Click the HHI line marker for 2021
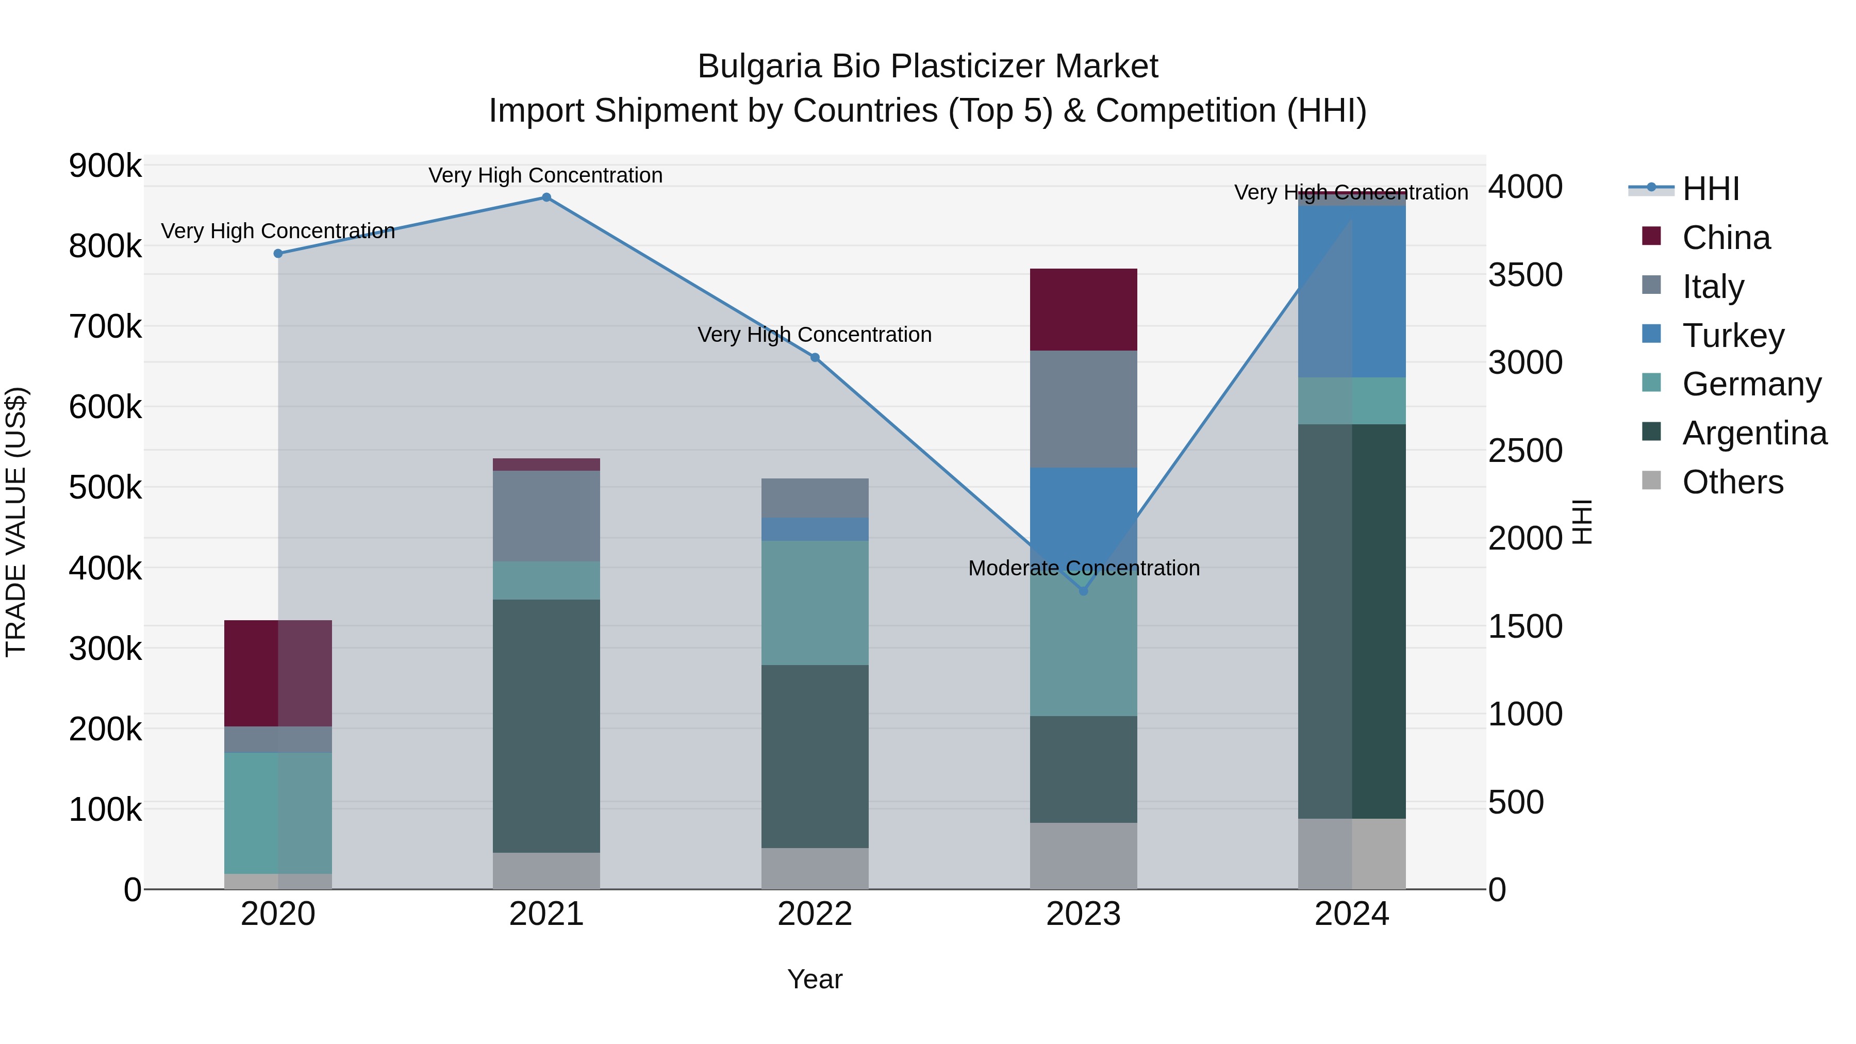click(x=546, y=197)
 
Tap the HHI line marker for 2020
click(x=278, y=254)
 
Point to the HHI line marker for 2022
click(x=815, y=357)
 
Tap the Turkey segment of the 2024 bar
click(x=1352, y=291)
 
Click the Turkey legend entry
click(x=1733, y=336)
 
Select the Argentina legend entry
click(x=1754, y=433)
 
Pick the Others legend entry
click(x=1732, y=482)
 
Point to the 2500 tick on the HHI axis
click(x=1526, y=451)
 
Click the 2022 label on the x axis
click(x=815, y=914)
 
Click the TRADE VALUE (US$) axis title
click(x=16, y=522)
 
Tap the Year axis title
click(x=815, y=979)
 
